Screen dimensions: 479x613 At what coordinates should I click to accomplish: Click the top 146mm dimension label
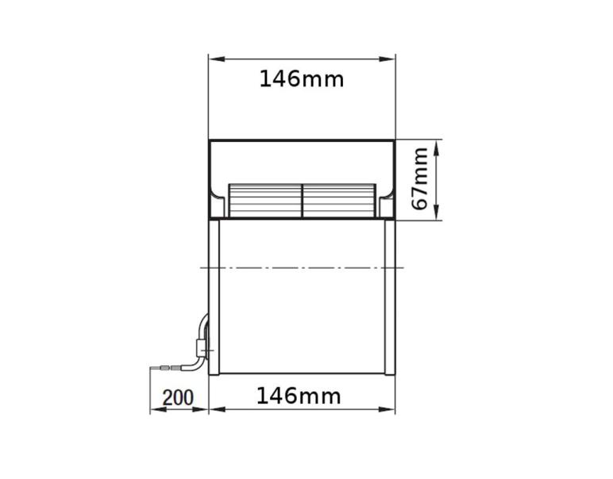tap(302, 79)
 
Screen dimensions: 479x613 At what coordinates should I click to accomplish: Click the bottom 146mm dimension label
tap(299, 396)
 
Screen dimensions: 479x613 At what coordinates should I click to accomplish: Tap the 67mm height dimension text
tap(420, 178)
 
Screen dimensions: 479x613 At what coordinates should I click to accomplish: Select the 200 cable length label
tap(178, 397)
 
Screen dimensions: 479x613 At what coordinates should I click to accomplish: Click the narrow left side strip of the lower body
tap(214, 297)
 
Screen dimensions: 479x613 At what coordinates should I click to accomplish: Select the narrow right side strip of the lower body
tap(389, 297)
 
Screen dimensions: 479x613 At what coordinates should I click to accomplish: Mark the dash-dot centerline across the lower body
tap(302, 268)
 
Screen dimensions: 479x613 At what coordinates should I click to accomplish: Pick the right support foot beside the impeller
tap(387, 205)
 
